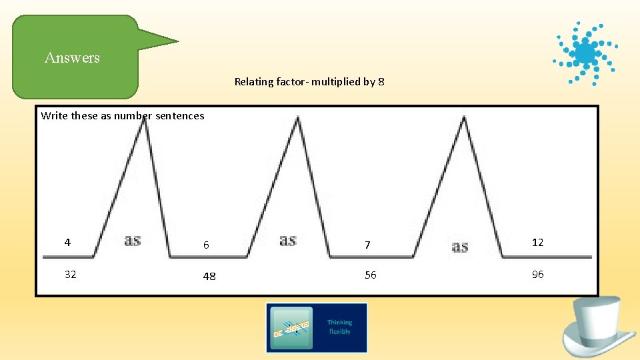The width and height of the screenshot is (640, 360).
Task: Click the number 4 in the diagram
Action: pos(67,243)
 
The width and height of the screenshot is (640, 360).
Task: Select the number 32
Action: pos(70,274)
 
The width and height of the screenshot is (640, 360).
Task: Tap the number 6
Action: pos(206,245)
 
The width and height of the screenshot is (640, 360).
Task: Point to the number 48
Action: pos(209,276)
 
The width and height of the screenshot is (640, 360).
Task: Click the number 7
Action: pos(367,245)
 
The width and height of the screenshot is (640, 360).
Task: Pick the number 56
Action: pos(370,275)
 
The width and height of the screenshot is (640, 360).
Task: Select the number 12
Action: pos(537,243)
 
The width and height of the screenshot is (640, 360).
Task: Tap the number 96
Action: pos(537,275)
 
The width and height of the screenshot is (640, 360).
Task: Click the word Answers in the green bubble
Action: pos(72,58)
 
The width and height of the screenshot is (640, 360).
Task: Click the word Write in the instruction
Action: pos(55,116)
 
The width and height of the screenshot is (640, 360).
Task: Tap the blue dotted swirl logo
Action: pos(585,53)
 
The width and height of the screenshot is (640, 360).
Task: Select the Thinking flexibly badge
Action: pos(317,327)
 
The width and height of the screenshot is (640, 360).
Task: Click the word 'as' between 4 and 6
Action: pos(133,240)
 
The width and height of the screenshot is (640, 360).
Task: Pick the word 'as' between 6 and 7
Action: pos(288,240)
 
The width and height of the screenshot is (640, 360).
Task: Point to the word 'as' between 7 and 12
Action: pos(460,247)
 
